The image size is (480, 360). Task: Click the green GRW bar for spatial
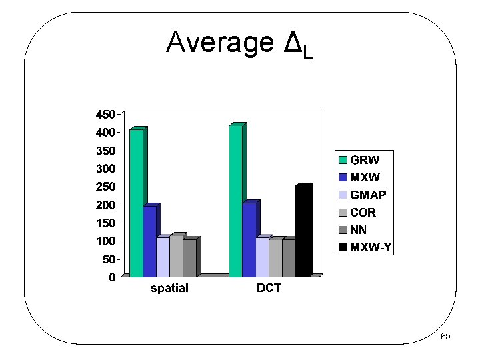pos(136,203)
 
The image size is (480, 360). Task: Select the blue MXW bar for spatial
pos(149,241)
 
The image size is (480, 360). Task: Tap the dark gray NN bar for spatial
pos(189,258)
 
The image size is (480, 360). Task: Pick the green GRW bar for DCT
pos(235,201)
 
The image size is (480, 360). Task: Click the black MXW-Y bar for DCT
pos(301,231)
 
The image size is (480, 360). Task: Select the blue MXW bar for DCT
pos(249,239)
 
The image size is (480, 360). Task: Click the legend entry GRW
pos(364,160)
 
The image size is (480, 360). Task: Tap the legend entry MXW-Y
pos(371,248)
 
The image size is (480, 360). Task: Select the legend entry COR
pos(363,213)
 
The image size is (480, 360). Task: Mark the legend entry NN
pos(358,231)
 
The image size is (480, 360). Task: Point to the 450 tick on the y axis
pos(105,114)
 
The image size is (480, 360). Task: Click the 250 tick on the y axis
pos(105,186)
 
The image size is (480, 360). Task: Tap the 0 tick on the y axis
pos(111,277)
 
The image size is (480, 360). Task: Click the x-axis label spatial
pos(169,288)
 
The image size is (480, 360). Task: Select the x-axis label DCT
pos(269,288)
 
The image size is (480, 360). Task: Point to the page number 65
pos(445,337)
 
